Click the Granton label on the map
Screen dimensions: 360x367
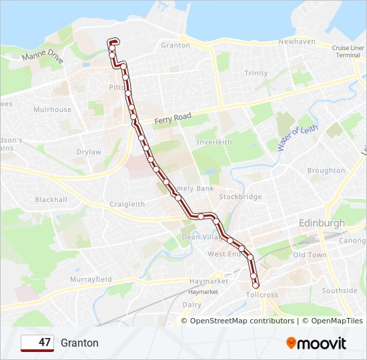176,45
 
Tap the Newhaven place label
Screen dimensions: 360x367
297,41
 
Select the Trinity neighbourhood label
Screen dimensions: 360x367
256,73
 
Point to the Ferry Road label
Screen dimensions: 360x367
173,119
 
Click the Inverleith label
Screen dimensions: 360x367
214,142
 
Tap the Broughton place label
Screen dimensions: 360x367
326,171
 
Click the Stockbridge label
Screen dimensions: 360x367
240,197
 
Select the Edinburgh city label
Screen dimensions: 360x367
322,223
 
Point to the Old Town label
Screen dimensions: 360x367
310,255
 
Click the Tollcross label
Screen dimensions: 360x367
262,295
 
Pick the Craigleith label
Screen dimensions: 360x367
127,204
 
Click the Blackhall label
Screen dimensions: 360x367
51,199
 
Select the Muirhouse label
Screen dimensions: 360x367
52,109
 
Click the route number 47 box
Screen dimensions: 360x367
37,343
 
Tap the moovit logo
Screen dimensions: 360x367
316,343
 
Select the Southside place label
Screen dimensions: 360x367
340,291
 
